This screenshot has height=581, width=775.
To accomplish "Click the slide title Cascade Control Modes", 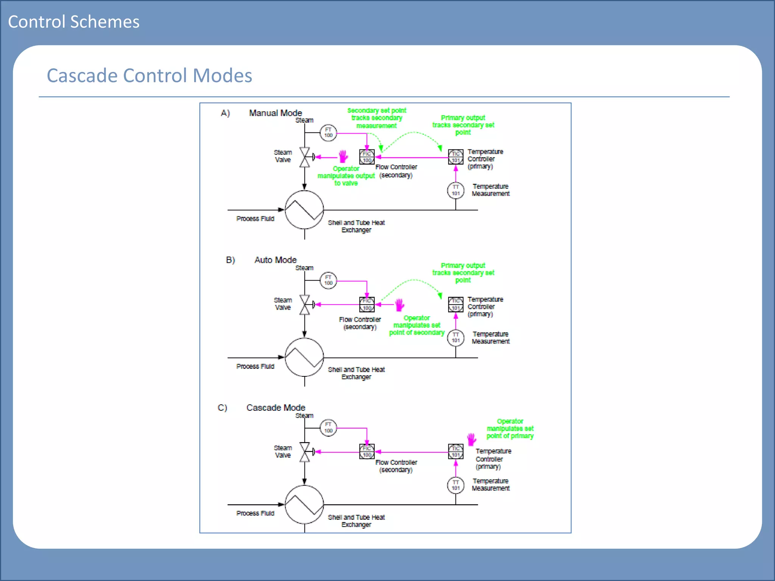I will (x=149, y=75).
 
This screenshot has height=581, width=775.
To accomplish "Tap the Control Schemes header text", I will (x=74, y=22).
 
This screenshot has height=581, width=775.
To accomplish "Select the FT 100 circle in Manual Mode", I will (x=328, y=133).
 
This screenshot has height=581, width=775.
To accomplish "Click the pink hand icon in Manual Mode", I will (x=343, y=156).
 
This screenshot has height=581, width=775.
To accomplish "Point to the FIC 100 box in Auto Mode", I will (x=367, y=304).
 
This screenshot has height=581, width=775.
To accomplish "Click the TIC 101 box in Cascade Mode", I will (x=456, y=451).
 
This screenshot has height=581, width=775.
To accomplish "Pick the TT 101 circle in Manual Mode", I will (x=456, y=190).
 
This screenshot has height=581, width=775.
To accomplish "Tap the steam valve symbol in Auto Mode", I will (x=305, y=304).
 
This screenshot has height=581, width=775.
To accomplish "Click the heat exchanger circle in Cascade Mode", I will (x=304, y=504).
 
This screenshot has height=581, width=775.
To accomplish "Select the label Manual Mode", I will (x=275, y=113).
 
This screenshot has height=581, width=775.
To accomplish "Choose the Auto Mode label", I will (x=275, y=260).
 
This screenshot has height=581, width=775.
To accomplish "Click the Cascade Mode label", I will (x=275, y=407).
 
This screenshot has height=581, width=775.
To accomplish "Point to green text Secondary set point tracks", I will (x=377, y=118).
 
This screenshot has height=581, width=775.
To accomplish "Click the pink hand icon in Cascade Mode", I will (x=471, y=439).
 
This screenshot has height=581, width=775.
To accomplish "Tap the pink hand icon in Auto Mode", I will (x=400, y=304).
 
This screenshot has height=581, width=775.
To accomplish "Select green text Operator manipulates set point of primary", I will (x=510, y=429).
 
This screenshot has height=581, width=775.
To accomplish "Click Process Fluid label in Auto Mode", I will (x=255, y=366).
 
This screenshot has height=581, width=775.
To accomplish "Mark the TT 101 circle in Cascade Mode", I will (x=456, y=485).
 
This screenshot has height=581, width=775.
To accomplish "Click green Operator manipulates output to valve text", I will (x=346, y=176).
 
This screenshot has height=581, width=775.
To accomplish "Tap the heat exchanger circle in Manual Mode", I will (x=304, y=210).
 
